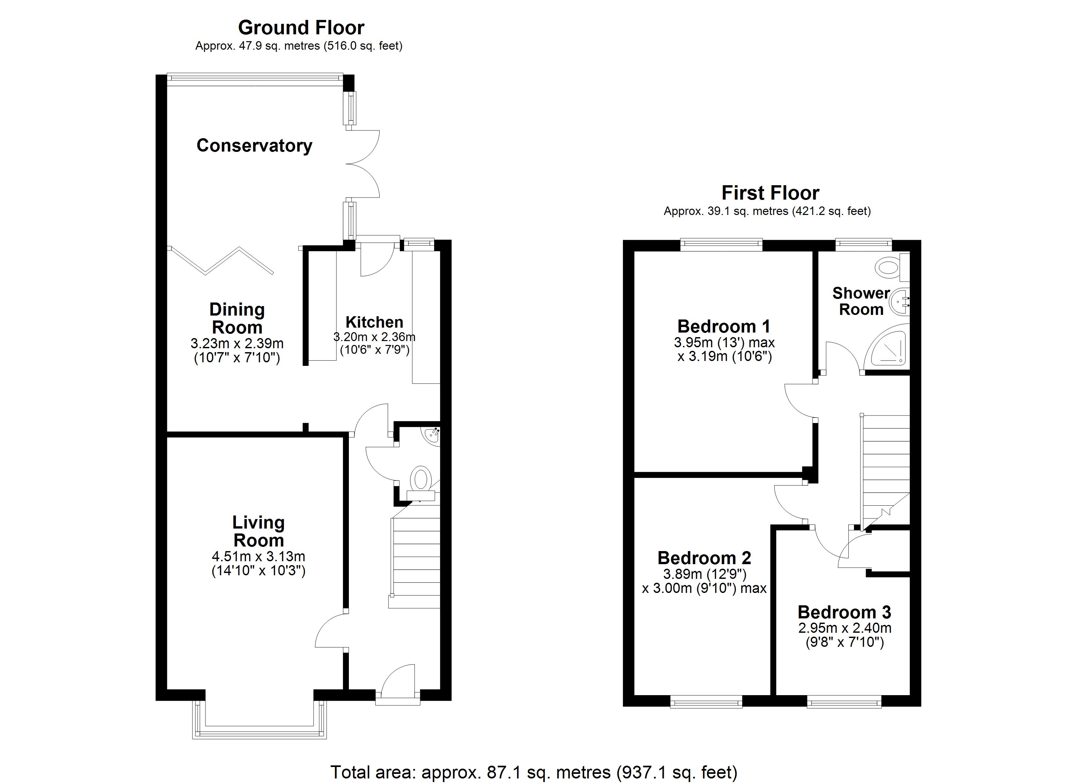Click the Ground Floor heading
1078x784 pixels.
click(301, 27)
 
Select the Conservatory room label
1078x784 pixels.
click(254, 145)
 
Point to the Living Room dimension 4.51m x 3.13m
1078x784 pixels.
click(258, 556)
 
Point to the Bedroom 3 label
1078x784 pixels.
click(844, 612)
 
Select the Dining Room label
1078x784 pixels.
click(237, 318)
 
